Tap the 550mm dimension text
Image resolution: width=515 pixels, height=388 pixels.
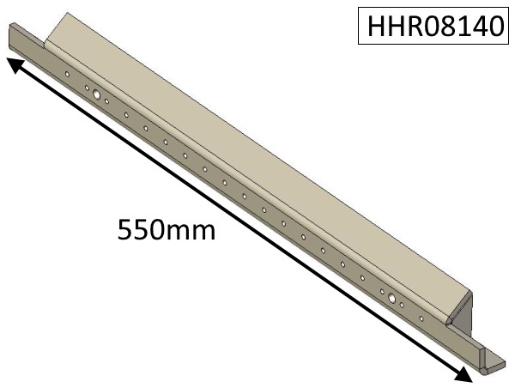pos(165,230)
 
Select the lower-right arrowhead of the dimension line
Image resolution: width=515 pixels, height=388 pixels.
pos(463,375)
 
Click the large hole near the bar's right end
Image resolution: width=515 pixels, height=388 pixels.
pos(391,299)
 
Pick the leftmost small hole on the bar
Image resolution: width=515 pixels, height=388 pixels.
pos(67,74)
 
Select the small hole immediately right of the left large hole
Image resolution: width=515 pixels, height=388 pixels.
pos(106,101)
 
